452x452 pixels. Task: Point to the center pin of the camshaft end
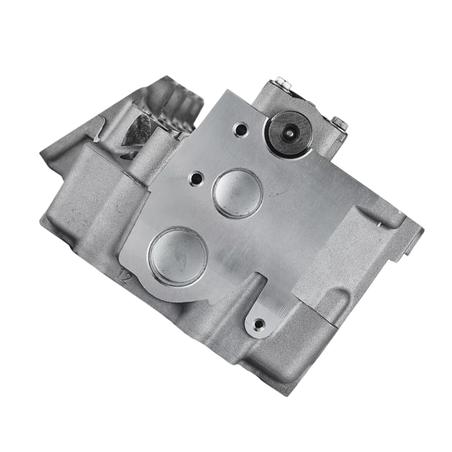point(288,132)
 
